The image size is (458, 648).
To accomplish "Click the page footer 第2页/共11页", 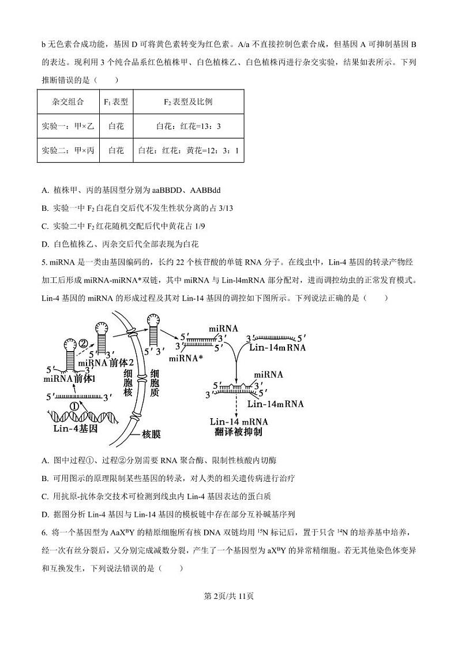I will pos(229,597).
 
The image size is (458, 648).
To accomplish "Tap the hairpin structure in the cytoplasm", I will pos(154,329).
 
